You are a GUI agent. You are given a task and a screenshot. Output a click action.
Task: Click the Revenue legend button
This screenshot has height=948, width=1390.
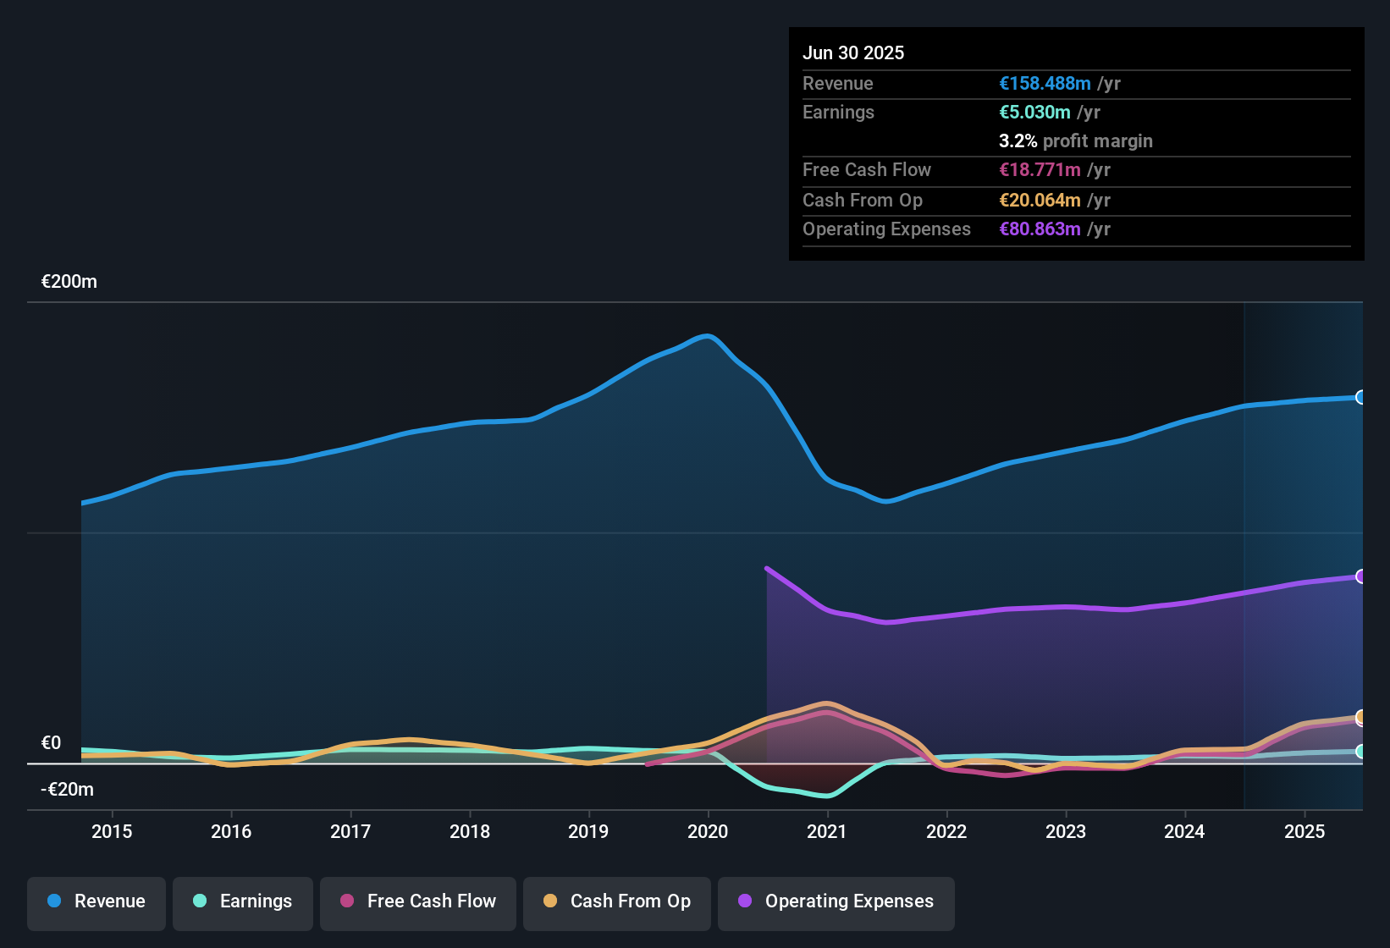(97, 901)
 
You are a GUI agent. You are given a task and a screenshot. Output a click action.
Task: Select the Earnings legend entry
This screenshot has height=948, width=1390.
(243, 901)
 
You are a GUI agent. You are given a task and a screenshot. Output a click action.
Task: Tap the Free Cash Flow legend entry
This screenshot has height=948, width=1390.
(418, 901)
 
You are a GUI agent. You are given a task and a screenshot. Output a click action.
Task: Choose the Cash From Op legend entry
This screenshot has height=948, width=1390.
(617, 901)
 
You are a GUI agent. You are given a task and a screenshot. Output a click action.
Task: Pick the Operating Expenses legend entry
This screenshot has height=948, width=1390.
(836, 901)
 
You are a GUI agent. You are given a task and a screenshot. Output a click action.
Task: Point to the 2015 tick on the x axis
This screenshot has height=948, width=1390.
(112, 831)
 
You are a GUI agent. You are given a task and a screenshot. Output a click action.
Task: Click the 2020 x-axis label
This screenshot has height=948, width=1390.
(708, 831)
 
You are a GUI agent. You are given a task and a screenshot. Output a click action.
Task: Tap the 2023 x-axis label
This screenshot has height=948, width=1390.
(1066, 831)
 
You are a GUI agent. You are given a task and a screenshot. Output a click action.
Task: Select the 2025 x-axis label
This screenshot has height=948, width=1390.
(1305, 831)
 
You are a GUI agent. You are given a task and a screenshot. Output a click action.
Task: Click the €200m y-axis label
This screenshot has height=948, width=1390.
(69, 282)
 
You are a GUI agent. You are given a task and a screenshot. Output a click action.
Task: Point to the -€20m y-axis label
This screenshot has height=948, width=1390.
(68, 790)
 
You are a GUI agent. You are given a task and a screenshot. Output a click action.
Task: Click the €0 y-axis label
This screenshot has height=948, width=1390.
(52, 743)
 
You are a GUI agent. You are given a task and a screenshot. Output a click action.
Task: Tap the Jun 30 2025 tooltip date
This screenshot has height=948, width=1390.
(853, 52)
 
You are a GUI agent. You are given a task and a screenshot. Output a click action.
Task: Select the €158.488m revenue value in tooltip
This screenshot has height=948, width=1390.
(1045, 83)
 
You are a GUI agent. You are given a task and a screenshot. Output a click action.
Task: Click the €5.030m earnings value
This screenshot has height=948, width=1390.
(1034, 112)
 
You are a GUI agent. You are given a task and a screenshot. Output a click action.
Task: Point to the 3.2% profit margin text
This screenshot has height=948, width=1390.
(1076, 141)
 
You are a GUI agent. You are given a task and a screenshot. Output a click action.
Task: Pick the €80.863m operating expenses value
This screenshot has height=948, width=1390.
(1040, 229)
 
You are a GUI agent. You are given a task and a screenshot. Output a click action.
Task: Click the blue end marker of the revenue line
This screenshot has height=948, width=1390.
(1360, 397)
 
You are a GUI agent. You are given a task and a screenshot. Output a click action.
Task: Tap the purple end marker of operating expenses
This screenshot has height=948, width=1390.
(1360, 576)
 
